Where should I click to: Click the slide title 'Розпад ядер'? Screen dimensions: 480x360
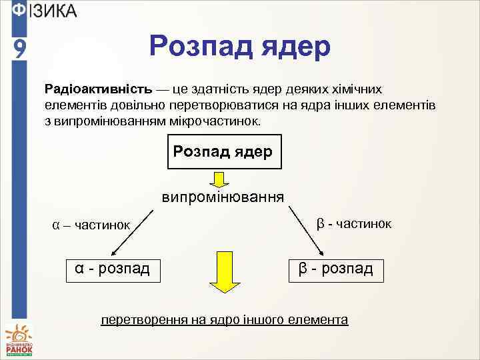coord(240,48)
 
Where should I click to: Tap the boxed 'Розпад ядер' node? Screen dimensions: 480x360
coord(223,153)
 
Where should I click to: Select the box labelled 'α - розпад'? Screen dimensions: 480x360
coord(113,269)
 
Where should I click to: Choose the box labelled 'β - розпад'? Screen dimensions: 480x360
coord(336,269)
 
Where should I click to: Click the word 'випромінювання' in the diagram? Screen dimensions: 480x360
coord(223,197)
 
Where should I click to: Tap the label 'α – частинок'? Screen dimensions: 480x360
coord(91,225)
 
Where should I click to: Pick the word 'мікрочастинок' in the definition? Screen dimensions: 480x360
coord(224,123)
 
